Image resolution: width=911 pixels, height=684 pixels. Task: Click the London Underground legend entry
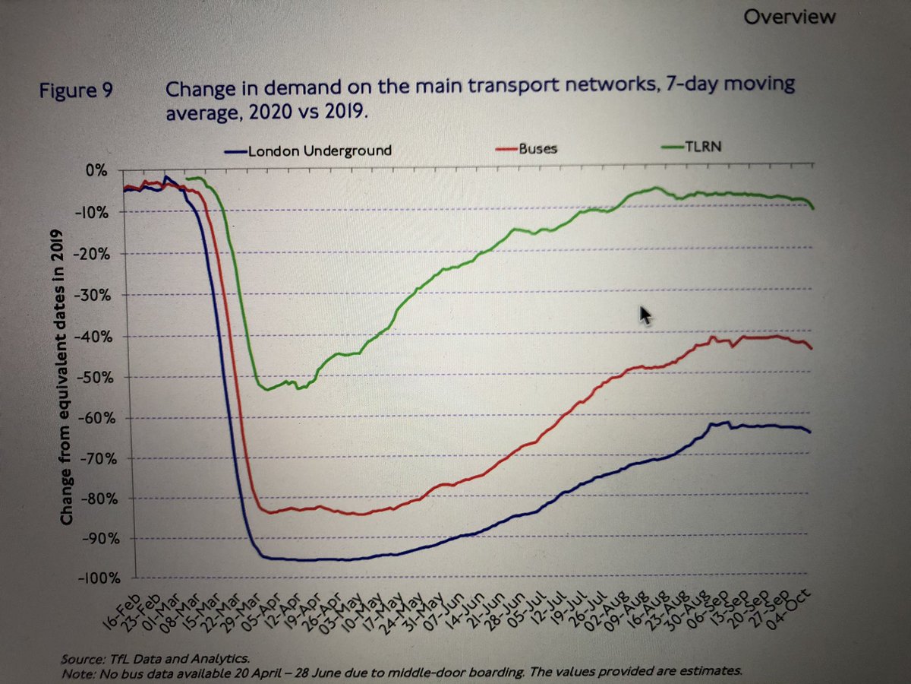(x=318, y=150)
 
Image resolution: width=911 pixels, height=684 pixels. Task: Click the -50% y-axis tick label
(x=93, y=378)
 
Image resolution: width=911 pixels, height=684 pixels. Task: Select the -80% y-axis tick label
(x=93, y=499)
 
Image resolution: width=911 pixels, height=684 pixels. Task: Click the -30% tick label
(x=93, y=296)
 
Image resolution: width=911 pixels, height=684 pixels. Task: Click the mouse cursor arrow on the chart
(x=645, y=314)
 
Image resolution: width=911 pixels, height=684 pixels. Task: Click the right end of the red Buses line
(x=812, y=349)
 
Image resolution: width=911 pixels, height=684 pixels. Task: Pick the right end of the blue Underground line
(x=810, y=432)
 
